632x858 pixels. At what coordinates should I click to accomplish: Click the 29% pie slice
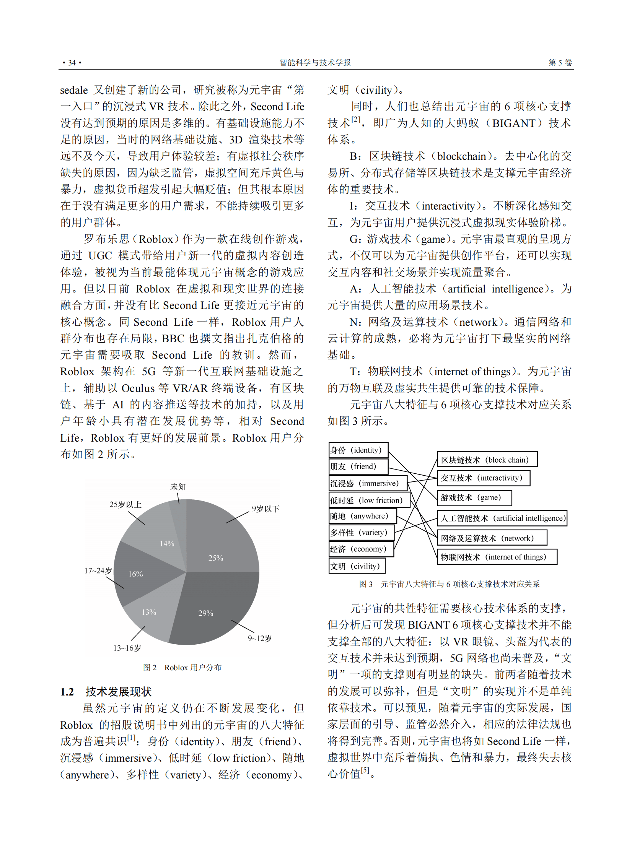214,608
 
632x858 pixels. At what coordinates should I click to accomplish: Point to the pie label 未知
178,487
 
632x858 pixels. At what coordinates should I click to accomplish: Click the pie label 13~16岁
127,648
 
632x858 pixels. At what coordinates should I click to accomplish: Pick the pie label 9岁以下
266,509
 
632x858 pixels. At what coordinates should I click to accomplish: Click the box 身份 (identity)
358,450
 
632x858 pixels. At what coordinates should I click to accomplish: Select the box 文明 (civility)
357,566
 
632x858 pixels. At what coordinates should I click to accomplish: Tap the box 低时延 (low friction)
369,500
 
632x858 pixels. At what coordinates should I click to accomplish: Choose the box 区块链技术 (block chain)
487,460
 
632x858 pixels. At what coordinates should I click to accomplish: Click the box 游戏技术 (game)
474,497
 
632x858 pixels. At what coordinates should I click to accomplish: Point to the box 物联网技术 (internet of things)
497,557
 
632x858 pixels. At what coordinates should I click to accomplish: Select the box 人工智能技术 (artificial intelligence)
502,518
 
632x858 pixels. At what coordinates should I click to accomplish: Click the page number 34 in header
72,63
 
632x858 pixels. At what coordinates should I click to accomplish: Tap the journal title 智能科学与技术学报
315,63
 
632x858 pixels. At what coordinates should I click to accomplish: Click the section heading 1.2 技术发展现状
106,692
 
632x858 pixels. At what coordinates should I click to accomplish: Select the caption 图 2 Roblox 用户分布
182,668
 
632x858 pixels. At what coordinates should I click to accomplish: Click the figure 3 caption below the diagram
449,584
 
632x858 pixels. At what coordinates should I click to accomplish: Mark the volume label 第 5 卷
560,63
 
